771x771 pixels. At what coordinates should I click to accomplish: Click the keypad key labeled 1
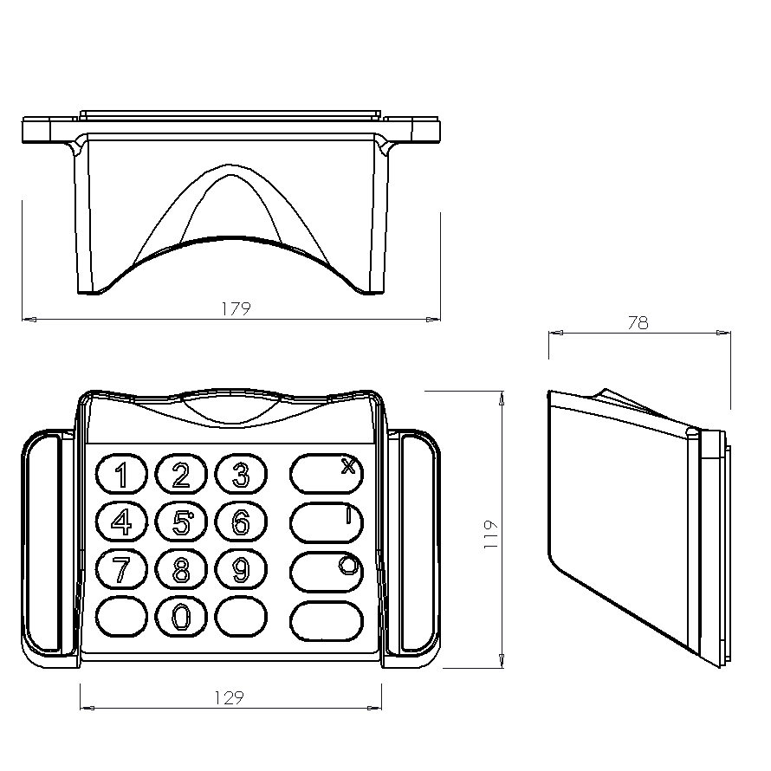coord(121,475)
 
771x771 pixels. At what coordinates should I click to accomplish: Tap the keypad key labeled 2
coord(181,475)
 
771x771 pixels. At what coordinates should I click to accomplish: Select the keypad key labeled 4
coord(121,522)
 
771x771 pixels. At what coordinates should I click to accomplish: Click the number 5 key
coord(181,522)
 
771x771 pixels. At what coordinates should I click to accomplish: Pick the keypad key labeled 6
coord(241,522)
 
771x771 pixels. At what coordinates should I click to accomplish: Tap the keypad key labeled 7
coord(121,570)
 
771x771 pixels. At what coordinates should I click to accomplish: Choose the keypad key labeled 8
coord(181,570)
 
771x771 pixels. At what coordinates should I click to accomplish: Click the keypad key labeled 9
coord(241,570)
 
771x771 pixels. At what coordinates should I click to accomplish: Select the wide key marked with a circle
coord(326,571)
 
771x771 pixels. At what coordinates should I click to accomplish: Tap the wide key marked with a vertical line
coord(326,522)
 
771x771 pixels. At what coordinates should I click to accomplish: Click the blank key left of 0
coord(121,617)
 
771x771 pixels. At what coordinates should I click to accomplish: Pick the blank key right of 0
coord(241,617)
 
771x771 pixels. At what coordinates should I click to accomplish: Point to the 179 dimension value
coord(235,308)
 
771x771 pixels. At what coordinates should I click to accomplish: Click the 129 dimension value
coord(228,698)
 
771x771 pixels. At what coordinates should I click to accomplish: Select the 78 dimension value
coord(638,323)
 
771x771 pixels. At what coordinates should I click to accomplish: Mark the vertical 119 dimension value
coord(491,530)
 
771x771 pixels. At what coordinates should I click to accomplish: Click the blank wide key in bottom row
coord(326,619)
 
